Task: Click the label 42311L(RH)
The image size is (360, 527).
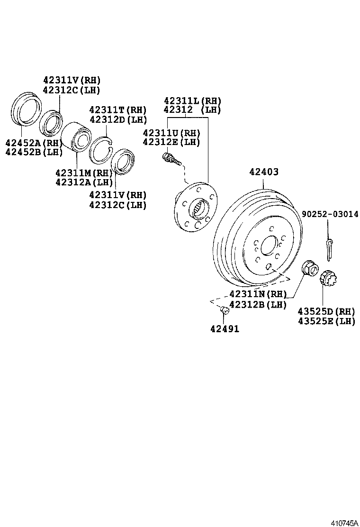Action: [x=192, y=100]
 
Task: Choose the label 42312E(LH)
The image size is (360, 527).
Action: [x=171, y=142]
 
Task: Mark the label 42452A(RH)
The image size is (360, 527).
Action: [x=34, y=143]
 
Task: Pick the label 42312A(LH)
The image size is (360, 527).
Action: [x=84, y=182]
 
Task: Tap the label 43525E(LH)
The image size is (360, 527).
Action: [x=326, y=321]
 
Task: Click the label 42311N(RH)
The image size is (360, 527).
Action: [x=258, y=294]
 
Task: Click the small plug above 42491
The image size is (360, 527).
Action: [x=225, y=310]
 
